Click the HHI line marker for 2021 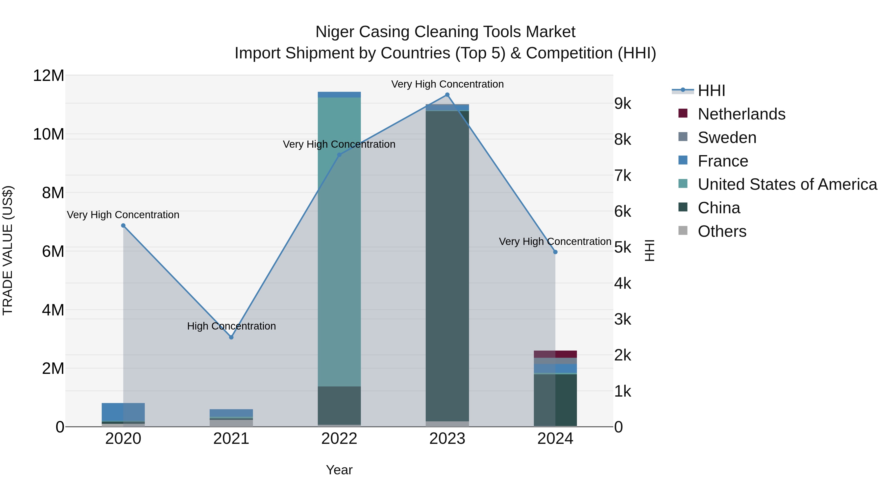[231, 337]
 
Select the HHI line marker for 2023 [447, 95]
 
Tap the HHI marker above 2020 [123, 225]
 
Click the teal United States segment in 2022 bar [339, 242]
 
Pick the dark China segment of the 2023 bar [447, 266]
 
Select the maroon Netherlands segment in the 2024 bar [555, 354]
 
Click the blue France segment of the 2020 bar [123, 412]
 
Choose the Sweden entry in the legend [726, 138]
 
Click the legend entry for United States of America [787, 184]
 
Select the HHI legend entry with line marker [711, 91]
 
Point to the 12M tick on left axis [49, 75]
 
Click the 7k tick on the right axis [623, 176]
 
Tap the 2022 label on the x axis [339, 439]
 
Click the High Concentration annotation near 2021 [231, 326]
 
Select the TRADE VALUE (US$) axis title [8, 250]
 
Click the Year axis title [339, 470]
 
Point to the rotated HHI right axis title [650, 250]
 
